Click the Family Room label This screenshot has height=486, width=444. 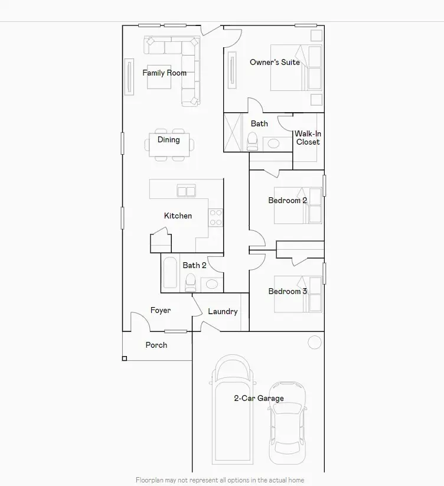164,73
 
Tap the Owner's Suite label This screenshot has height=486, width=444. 275,62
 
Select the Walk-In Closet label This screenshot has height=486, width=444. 308,138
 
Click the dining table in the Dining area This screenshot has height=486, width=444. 169,145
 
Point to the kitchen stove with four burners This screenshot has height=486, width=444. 216,217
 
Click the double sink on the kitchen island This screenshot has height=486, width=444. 187,191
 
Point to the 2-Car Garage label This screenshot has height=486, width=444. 259,399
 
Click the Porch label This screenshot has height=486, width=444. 156,345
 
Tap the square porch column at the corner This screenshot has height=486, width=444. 125,358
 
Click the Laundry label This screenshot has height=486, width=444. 223,311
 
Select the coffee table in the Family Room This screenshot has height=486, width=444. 159,77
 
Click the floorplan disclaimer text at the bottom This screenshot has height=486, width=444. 220,480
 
